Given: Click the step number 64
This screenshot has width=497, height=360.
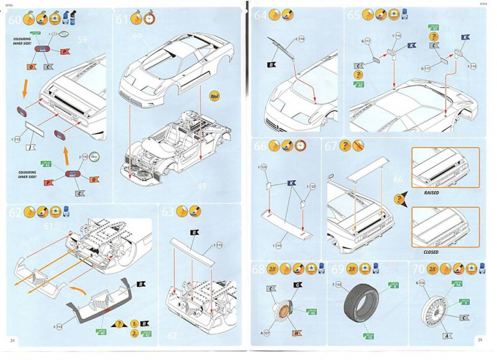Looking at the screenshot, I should click(260, 15).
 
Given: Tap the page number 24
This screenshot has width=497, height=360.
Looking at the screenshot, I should click(13, 340).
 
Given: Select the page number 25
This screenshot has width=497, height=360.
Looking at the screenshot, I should click(480, 340).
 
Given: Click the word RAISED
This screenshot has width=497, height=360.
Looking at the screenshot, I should click(431, 193).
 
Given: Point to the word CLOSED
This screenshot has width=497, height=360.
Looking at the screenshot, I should click(431, 252).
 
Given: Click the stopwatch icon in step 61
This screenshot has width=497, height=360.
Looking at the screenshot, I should click(150, 19).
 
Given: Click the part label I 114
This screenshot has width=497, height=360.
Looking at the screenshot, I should click(58, 326).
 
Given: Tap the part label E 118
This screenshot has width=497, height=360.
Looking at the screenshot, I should click(300, 38).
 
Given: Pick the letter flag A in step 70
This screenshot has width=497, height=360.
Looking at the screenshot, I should click(447, 335).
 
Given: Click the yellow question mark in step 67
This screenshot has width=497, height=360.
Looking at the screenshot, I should click(399, 199).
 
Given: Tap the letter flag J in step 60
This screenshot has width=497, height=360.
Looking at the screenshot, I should click(31, 146).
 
